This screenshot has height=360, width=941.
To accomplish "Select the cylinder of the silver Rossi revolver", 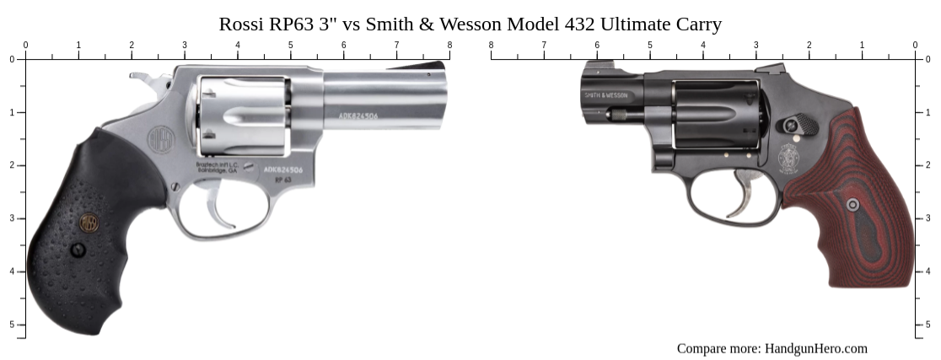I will pyautogui.click(x=245, y=114).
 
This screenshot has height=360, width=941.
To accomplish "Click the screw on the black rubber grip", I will pyautogui.click(x=78, y=250).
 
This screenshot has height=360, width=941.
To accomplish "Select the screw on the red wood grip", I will pyautogui.click(x=853, y=204).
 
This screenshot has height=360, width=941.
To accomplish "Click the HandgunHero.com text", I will pyautogui.click(x=815, y=348).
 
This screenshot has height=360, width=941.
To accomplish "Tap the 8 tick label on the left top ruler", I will pyautogui.click(x=449, y=46).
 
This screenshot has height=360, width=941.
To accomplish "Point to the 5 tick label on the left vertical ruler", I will pyautogui.click(x=12, y=325).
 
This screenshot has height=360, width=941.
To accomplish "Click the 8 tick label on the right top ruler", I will pyautogui.click(x=491, y=46).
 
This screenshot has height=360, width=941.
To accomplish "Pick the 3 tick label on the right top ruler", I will pyautogui.click(x=755, y=46).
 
